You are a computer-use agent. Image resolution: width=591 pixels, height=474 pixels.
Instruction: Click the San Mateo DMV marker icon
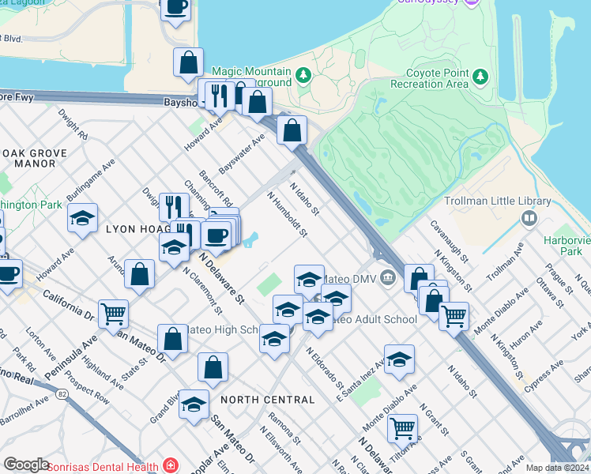[x=388, y=276]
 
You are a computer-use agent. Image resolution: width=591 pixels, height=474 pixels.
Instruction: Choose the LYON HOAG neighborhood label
[x=134, y=228]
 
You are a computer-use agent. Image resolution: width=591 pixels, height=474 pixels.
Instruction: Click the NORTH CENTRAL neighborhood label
[x=268, y=400]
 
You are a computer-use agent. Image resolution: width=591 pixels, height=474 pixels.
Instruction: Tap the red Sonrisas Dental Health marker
[x=169, y=465]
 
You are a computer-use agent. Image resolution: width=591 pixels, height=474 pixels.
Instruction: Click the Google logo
[x=26, y=465]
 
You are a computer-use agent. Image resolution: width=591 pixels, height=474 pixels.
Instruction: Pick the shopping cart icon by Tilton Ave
[x=403, y=428]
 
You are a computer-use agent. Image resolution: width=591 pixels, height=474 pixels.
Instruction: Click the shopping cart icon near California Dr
[x=113, y=313]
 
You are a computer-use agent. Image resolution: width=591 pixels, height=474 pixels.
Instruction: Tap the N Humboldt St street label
[x=285, y=214]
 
